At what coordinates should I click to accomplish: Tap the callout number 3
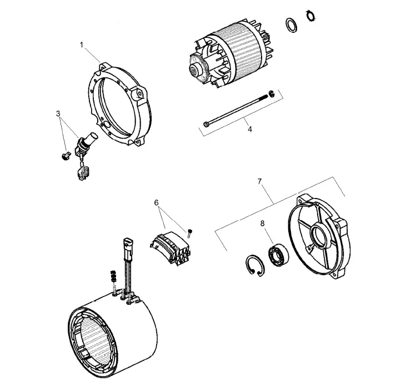coord(58,114)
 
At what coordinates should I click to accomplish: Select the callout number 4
coord(249,129)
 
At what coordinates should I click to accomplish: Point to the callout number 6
coord(157,203)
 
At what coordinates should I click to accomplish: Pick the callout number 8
coord(263,224)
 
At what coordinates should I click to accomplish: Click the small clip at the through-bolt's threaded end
coord(272,93)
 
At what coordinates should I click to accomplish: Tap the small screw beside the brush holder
coord(189,232)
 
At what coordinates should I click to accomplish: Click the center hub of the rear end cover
coord(319,236)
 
